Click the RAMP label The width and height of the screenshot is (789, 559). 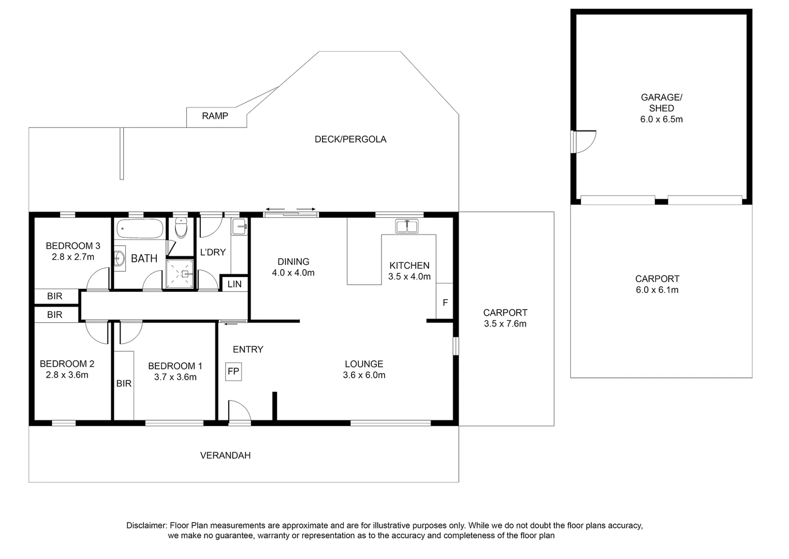pos(215,116)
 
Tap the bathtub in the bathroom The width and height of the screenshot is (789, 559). pos(140,228)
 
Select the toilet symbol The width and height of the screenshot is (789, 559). pos(181,228)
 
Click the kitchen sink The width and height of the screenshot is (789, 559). pos(406,226)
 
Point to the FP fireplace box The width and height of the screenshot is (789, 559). pos(233,371)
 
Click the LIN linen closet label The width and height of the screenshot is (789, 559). pos(234,284)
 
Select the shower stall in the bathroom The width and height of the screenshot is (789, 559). pos(180,273)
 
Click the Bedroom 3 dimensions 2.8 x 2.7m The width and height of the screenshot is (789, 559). pos(73,257)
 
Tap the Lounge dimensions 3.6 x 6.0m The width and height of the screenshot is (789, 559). pos(364,375)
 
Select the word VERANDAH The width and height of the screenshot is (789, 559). pos(225,455)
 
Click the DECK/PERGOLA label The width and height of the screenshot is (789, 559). pos(350,139)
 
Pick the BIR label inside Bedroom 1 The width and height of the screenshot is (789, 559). pos(124,384)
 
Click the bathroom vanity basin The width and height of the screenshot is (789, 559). pos(119,258)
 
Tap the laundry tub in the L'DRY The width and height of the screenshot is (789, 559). pos(239,226)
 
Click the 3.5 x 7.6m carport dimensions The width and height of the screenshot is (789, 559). pos(505,324)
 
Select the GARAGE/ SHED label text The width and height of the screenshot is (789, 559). pos(661,102)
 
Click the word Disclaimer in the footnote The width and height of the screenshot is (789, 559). pos(146,525)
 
